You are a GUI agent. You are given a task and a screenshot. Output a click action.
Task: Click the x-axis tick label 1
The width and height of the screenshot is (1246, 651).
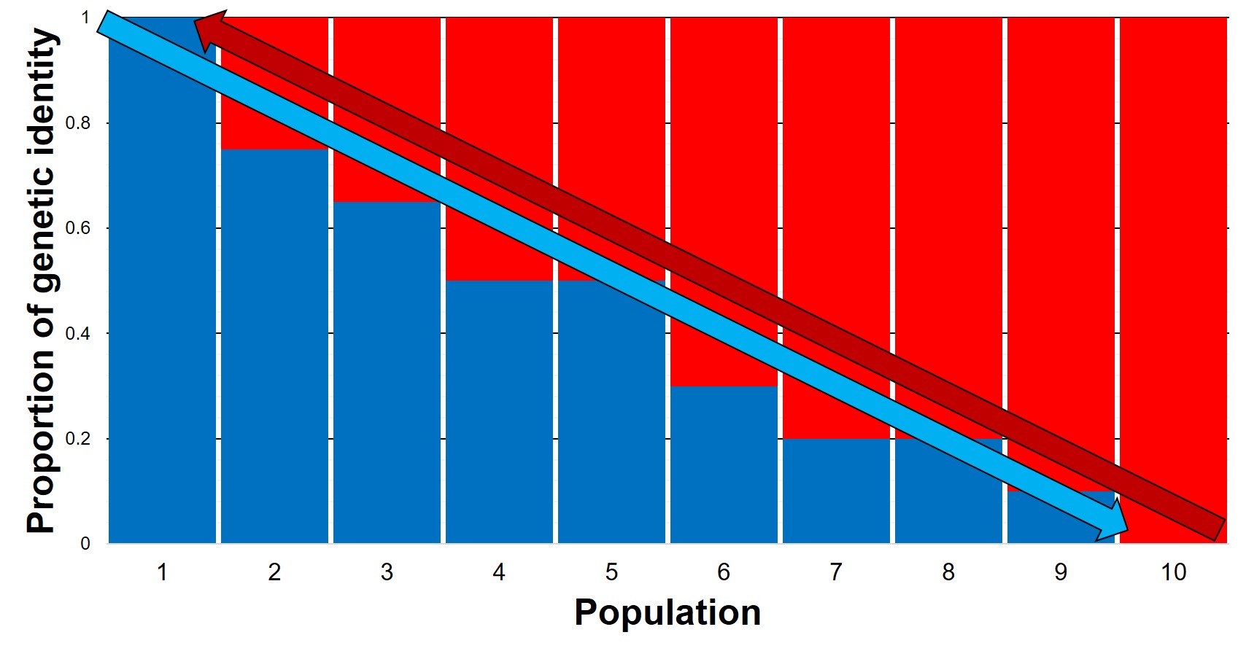pyautogui.click(x=162, y=572)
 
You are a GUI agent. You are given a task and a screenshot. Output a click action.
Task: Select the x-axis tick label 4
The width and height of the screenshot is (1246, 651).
pyautogui.click(x=499, y=572)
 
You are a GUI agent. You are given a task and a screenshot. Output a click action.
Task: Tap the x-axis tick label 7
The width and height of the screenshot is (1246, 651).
pyautogui.click(x=836, y=572)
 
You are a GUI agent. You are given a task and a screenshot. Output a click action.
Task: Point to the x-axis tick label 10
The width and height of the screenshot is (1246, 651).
pyautogui.click(x=1173, y=572)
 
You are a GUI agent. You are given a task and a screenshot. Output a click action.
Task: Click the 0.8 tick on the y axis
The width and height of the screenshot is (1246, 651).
pyautogui.click(x=78, y=123)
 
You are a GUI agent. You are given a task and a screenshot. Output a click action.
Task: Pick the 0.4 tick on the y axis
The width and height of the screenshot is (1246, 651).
pyautogui.click(x=78, y=334)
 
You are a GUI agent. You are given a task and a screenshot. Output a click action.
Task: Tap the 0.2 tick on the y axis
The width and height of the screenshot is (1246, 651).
pyautogui.click(x=78, y=439)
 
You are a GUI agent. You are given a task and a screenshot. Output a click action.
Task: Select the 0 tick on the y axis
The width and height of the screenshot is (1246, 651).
pyautogui.click(x=85, y=544)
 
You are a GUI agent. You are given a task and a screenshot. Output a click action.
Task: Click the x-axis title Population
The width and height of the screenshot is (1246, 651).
pyautogui.click(x=667, y=612)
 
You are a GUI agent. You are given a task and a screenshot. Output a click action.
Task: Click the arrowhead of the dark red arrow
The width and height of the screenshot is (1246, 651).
pyautogui.click(x=209, y=29)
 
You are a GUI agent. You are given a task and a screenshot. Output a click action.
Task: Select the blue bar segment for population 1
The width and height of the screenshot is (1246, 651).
pyautogui.click(x=162, y=328)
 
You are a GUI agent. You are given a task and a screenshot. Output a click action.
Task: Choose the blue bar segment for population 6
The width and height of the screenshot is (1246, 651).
pyautogui.click(x=724, y=474)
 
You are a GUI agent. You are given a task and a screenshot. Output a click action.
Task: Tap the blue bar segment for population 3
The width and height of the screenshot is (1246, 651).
pyautogui.click(x=387, y=379)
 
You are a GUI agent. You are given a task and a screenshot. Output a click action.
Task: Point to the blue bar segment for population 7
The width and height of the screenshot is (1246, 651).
pyautogui.click(x=836, y=496)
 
